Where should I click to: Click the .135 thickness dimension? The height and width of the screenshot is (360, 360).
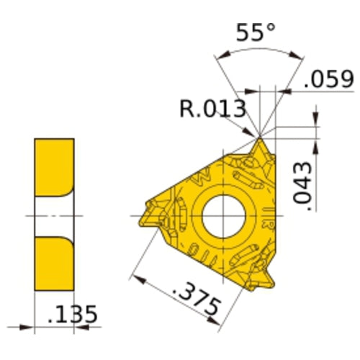click(x=72, y=315)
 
